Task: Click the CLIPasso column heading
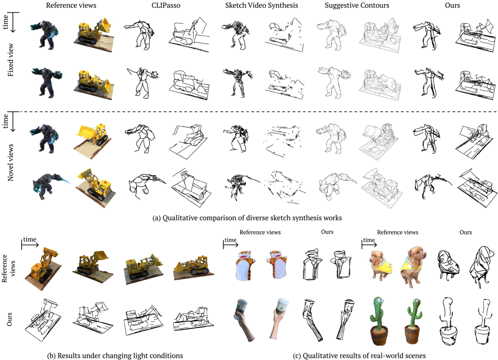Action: (x=166, y=5)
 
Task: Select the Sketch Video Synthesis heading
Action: (x=262, y=5)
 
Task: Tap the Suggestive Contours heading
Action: (x=357, y=5)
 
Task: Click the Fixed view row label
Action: (x=11, y=60)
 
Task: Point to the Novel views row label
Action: (x=11, y=162)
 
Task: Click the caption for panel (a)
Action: (x=247, y=218)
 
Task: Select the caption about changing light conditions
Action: (x=115, y=356)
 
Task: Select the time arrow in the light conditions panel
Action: (x=30, y=245)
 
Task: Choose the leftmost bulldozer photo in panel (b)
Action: (x=43, y=268)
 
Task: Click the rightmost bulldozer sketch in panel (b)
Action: (x=193, y=319)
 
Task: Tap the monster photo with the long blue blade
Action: (x=50, y=186)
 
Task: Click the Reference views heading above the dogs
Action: (x=398, y=232)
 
